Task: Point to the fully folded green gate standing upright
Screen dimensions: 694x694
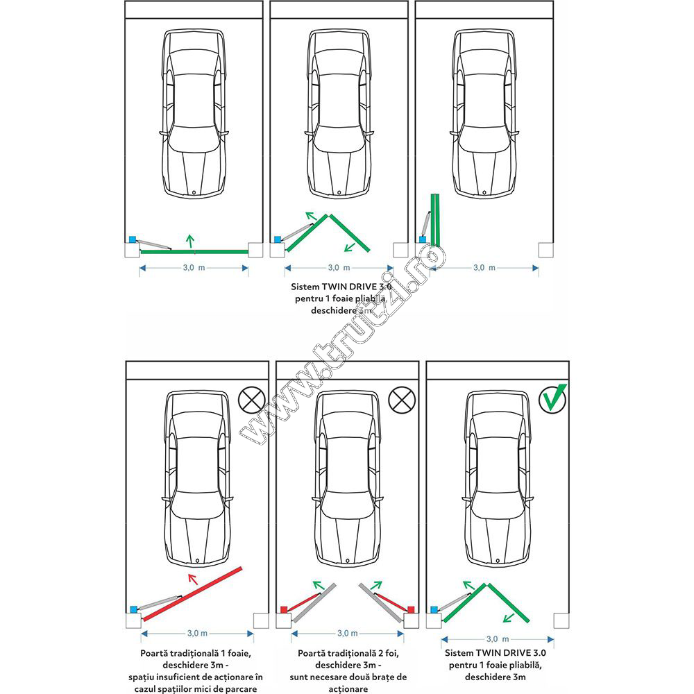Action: click(x=435, y=219)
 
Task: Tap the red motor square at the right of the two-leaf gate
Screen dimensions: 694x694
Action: click(x=411, y=609)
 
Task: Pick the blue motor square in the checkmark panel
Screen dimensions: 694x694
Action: click(x=435, y=609)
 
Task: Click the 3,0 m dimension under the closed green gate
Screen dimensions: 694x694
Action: click(x=194, y=267)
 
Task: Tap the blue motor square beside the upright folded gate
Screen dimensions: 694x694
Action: click(x=422, y=239)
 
